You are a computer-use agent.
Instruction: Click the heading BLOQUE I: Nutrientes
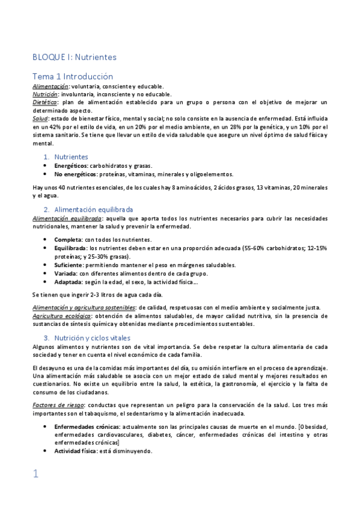74,57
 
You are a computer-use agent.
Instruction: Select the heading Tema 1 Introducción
72,76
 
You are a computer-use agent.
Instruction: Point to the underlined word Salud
40,119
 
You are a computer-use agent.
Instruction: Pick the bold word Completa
67,239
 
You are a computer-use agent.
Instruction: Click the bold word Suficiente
69,264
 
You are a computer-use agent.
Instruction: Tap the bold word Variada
66,272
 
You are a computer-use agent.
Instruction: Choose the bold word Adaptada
68,281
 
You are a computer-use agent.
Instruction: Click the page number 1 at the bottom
35,474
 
